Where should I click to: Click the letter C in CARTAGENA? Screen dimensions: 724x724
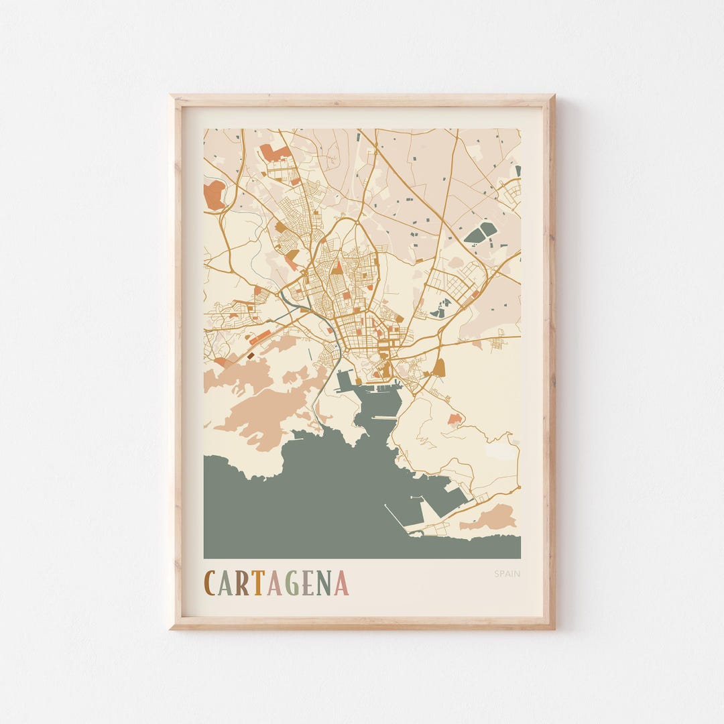click(210, 583)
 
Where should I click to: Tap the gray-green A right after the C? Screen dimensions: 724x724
click(226, 583)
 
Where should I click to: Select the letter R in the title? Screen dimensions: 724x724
click(241, 583)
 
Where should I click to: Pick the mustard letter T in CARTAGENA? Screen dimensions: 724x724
click(257, 583)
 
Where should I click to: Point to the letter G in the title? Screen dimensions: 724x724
click(291, 583)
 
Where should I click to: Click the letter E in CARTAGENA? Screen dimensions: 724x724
click(307, 583)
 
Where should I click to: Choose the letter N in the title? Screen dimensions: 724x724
click(324, 583)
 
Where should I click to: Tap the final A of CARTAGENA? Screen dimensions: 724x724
click(341, 583)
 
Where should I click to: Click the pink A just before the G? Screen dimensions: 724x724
click(274, 583)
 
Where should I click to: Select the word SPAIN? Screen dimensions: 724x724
click(507, 574)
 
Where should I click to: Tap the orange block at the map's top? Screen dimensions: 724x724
click(275, 153)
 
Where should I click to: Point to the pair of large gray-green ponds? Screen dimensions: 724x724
click(481, 232)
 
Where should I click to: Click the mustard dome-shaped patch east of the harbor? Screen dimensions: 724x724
click(439, 367)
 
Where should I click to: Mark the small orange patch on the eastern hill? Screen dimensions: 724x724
click(455, 419)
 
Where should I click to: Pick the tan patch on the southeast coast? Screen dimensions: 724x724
click(495, 518)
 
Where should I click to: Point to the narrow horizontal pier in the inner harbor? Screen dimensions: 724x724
click(384, 418)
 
